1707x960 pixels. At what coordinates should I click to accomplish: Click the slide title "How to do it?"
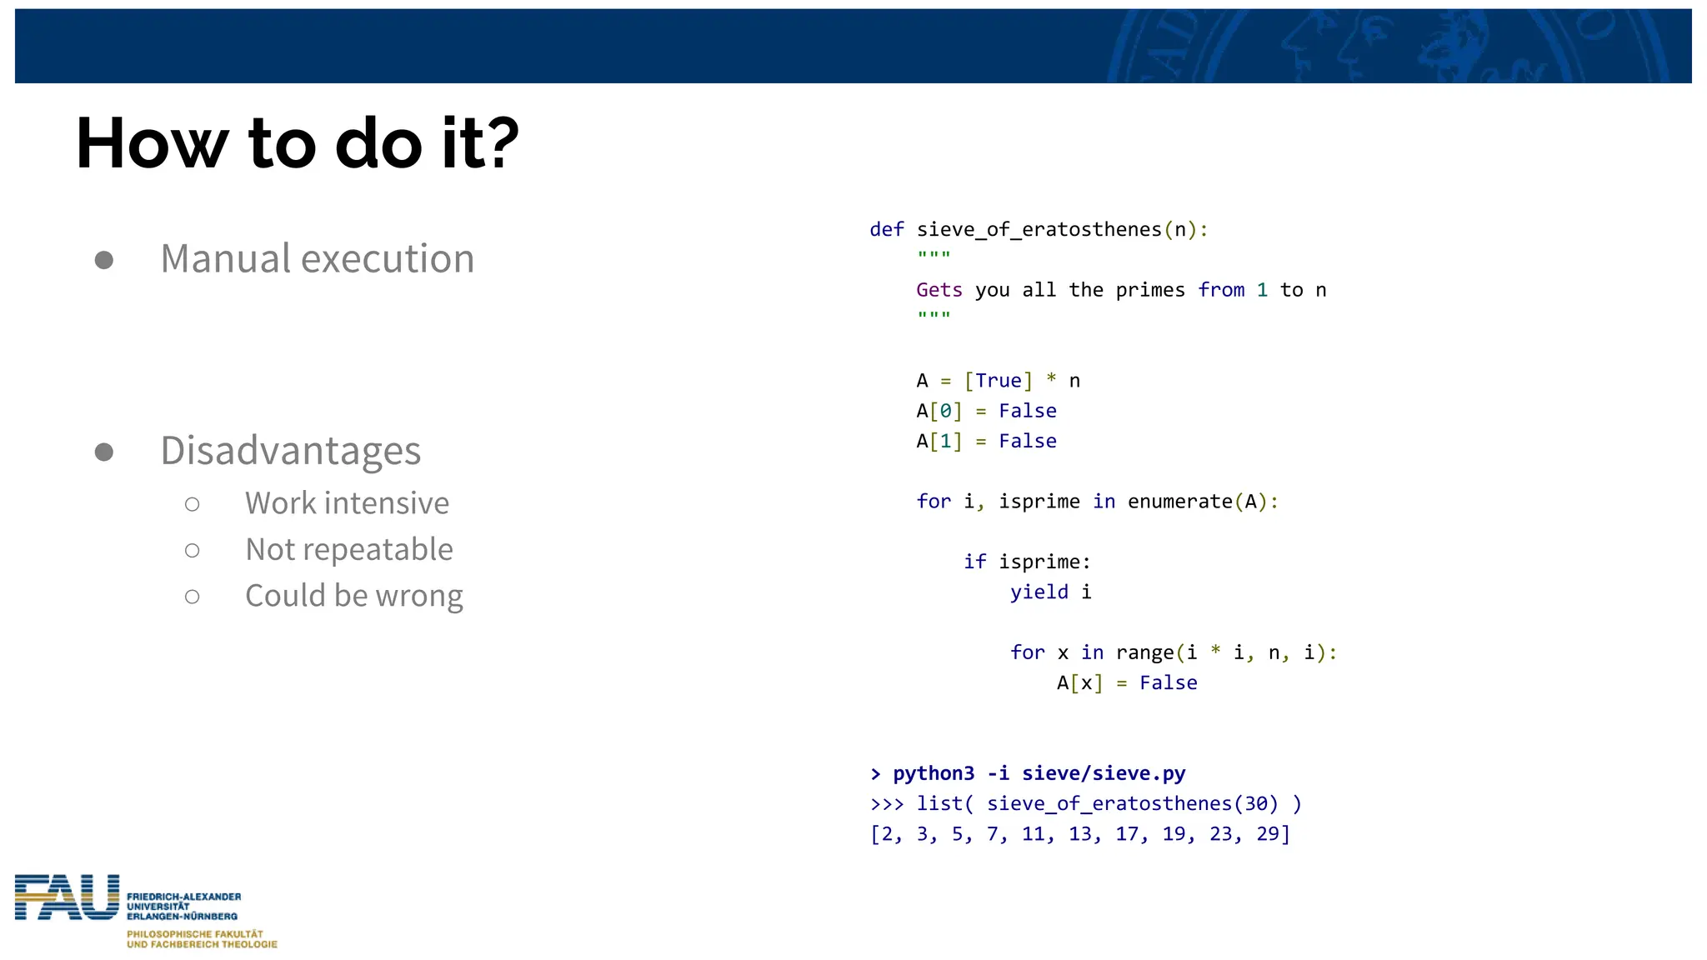(x=297, y=143)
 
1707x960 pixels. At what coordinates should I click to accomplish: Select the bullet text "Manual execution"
(x=317, y=258)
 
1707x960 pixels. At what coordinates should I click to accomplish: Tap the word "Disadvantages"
(x=290, y=451)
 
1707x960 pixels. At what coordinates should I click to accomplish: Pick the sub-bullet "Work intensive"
(x=347, y=503)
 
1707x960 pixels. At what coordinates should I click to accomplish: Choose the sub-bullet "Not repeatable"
(x=348, y=550)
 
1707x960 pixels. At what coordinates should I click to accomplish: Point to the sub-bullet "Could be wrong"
(x=353, y=596)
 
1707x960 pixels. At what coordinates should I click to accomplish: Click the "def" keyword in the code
(x=886, y=230)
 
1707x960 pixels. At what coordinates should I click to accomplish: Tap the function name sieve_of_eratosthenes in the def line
(x=1039, y=230)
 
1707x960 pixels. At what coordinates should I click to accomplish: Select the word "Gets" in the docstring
(x=939, y=290)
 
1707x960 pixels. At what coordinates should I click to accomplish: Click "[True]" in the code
(x=998, y=381)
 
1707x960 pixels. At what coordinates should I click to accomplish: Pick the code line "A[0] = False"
(x=986, y=411)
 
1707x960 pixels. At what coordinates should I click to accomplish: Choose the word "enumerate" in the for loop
(x=1179, y=502)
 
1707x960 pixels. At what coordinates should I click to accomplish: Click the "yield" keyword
(x=1039, y=592)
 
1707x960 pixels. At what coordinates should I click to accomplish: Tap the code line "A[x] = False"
(x=1126, y=683)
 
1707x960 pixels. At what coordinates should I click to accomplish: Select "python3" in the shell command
(x=933, y=773)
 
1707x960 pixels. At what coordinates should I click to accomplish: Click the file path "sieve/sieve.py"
(x=1104, y=773)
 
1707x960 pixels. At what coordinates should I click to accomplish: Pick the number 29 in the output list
(x=1267, y=834)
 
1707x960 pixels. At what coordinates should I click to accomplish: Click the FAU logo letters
(x=67, y=897)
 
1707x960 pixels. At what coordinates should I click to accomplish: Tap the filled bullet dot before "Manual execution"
(x=104, y=260)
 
